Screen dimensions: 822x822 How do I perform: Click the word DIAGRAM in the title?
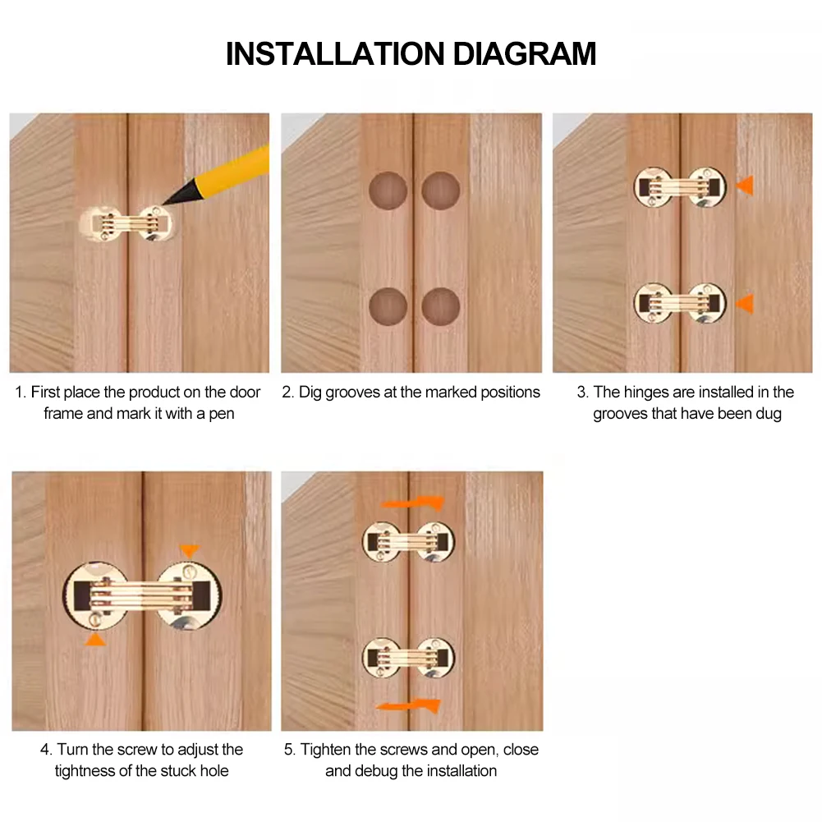(x=524, y=53)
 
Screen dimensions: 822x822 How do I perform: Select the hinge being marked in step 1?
(x=126, y=224)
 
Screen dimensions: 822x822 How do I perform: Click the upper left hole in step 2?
(x=388, y=191)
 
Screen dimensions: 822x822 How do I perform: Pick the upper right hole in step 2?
(x=441, y=191)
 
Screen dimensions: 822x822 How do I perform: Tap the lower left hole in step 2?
(x=388, y=306)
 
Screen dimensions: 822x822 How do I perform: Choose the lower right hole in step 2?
(x=441, y=306)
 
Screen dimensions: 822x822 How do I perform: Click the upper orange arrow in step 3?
(x=746, y=186)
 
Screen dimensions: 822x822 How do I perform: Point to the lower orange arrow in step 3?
(x=746, y=304)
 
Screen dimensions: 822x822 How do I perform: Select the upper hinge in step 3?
(x=680, y=187)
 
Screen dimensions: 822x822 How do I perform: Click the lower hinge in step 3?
(x=680, y=303)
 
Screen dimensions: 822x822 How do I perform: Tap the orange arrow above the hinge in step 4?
(x=189, y=550)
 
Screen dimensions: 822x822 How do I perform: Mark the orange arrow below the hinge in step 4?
(x=95, y=639)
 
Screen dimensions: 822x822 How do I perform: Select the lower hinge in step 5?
(x=408, y=658)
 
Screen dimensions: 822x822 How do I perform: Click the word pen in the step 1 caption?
(x=222, y=414)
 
